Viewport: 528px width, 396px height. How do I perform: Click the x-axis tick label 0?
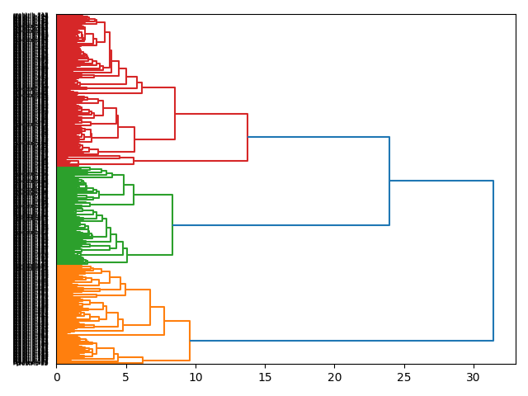point(57,377)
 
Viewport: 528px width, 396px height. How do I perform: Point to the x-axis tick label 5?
point(126,377)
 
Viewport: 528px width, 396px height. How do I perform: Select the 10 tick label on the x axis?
point(196,377)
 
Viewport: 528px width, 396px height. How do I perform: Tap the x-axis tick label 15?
point(265,377)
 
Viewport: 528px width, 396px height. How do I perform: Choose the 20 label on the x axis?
point(335,377)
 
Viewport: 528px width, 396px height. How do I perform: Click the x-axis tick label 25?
point(404,377)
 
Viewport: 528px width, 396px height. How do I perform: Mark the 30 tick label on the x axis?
point(474,377)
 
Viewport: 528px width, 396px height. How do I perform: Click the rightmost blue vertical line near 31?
point(493,260)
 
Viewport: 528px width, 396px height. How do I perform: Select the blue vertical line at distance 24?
point(389,181)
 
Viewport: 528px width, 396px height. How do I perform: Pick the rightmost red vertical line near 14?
point(247,137)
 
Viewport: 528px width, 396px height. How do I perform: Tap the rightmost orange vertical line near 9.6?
point(190,340)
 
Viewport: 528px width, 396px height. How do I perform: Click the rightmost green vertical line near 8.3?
point(172,224)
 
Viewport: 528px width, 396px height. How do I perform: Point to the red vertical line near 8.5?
point(175,114)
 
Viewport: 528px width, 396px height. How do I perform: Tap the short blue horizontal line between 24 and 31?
point(441,181)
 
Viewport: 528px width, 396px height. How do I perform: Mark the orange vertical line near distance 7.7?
point(164,321)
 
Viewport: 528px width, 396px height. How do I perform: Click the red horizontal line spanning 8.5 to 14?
point(211,114)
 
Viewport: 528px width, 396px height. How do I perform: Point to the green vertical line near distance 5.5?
point(134,195)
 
